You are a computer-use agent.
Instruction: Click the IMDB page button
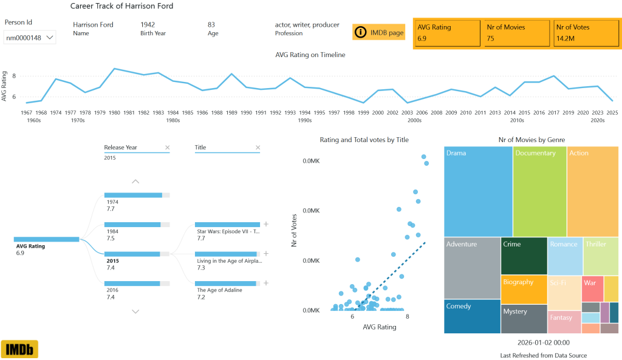pyautogui.click(x=378, y=32)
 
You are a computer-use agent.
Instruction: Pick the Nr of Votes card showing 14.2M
pyautogui.click(x=586, y=33)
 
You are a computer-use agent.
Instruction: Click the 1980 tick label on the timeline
pyautogui.click(x=114, y=112)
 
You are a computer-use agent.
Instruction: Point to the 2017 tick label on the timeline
pyautogui.click(x=553, y=112)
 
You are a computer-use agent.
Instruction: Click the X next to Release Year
pyautogui.click(x=168, y=148)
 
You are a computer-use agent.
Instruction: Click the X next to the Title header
pyautogui.click(x=258, y=148)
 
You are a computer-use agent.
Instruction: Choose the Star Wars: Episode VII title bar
pyautogui.click(x=227, y=225)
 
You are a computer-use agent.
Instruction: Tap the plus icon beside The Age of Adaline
pyautogui.click(x=265, y=283)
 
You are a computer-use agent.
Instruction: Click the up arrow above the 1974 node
pyautogui.click(x=135, y=181)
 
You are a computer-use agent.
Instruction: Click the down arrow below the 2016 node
pyautogui.click(x=135, y=311)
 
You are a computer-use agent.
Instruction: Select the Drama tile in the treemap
pyautogui.click(x=478, y=191)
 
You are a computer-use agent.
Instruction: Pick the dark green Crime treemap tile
pyautogui.click(x=524, y=256)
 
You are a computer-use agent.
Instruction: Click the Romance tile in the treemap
pyautogui.click(x=565, y=256)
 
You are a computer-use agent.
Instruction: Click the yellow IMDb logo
pyautogui.click(x=19, y=349)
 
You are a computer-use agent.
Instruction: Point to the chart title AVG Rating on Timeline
pyautogui.click(x=310, y=55)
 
